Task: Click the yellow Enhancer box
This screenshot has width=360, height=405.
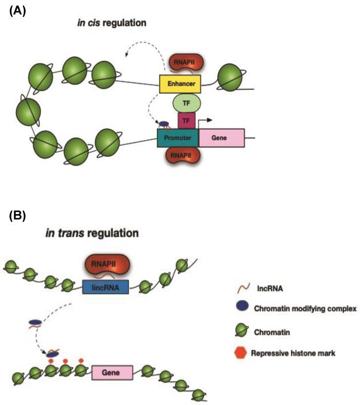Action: (180, 85)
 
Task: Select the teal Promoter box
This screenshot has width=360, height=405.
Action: (178, 138)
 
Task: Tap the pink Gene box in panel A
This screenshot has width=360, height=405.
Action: (221, 138)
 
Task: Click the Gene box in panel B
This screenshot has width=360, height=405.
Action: (112, 372)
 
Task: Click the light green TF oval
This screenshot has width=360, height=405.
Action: (186, 103)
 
